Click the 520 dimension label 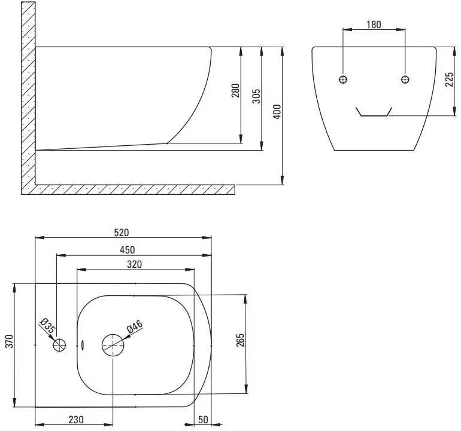pyautogui.click(x=122, y=233)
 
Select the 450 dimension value pyautogui.click(x=128, y=250)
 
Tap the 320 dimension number pyautogui.click(x=134, y=264)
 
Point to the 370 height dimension pyautogui.click(x=10, y=341)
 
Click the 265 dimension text pyautogui.click(x=240, y=340)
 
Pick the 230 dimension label pyautogui.click(x=76, y=420)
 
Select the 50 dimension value pyautogui.click(x=203, y=420)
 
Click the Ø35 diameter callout pyautogui.click(x=47, y=326)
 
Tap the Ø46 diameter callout pyautogui.click(x=135, y=327)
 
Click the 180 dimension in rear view pyautogui.click(x=374, y=25)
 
